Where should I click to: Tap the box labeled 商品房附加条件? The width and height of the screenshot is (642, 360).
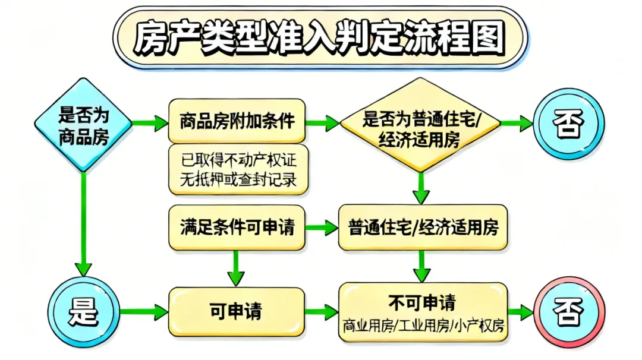coord(237,121)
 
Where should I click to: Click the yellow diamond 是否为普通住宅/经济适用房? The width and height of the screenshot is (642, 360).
coord(421,127)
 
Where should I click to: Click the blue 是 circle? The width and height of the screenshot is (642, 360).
coord(84,311)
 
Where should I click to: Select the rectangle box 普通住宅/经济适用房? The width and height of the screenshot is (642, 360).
coord(423,227)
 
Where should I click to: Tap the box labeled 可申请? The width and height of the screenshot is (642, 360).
coord(236,311)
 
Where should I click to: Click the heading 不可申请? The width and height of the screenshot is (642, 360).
coord(423,303)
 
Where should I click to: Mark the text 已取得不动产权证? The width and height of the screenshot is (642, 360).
coord(238,159)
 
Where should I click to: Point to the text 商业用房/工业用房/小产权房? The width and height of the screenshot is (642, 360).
coord(423,326)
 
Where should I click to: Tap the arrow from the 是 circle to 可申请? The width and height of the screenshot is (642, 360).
coord(144,311)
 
